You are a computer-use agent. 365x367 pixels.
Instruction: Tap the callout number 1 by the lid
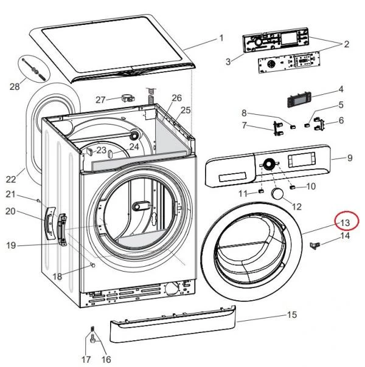tap(221, 38)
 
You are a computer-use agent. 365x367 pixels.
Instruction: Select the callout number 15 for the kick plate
tap(291, 315)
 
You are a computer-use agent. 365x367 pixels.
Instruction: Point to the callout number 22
tap(10, 179)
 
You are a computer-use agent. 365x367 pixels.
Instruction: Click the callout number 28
tap(14, 87)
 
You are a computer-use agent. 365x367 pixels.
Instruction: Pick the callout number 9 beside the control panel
tap(350, 158)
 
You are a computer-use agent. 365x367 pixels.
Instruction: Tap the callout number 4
tap(341, 89)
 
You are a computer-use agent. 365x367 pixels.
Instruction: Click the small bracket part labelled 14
tap(315, 244)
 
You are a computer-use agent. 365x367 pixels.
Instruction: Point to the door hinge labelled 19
tap(61, 230)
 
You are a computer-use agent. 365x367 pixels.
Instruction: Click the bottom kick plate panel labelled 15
tap(170, 326)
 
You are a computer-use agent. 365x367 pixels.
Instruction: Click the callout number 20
tap(10, 211)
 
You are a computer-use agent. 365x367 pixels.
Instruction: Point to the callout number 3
tap(228, 61)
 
